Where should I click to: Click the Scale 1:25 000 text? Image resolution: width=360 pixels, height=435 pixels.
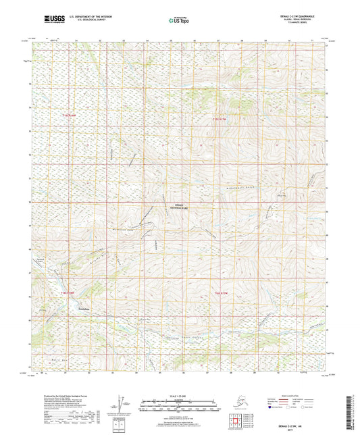tap(180, 395)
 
